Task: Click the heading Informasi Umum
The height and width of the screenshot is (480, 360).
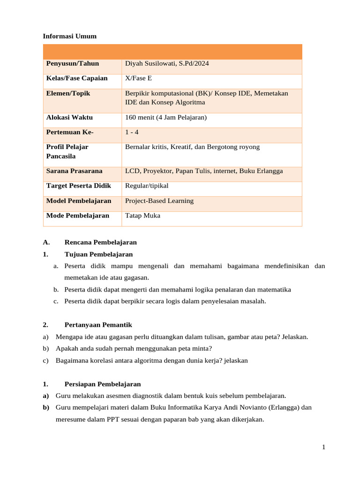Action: [x=69, y=36]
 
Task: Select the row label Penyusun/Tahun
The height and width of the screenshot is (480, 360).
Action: [x=73, y=63]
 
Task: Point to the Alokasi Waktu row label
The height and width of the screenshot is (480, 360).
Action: [x=69, y=117]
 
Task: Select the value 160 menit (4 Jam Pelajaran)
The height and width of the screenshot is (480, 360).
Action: [x=166, y=117]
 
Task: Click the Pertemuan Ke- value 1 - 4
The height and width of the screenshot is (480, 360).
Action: [x=132, y=132]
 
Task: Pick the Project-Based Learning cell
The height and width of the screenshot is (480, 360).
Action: [x=159, y=201]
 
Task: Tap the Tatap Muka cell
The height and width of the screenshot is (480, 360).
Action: [x=142, y=216]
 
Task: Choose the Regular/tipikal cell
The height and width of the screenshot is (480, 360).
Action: [x=147, y=186]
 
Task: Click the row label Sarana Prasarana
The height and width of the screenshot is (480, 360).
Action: [x=74, y=171]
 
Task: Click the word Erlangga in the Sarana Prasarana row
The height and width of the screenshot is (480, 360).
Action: [x=270, y=171]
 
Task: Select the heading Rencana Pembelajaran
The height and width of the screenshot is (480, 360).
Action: [x=100, y=242]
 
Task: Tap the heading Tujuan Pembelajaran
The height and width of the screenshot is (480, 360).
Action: [x=98, y=254]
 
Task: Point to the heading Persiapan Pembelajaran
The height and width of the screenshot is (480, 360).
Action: [x=102, y=383]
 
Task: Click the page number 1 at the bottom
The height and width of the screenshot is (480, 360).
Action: [x=323, y=448]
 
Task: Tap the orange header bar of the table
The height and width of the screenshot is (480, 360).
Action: [x=172, y=52]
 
